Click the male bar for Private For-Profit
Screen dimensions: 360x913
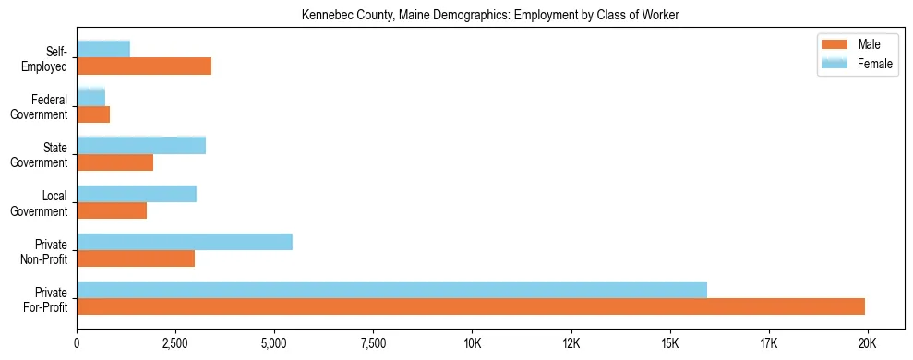point(471,306)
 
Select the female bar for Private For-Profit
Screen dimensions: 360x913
point(391,290)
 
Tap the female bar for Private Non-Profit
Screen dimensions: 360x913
point(185,242)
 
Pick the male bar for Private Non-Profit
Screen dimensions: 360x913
point(136,258)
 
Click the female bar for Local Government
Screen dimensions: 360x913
point(137,194)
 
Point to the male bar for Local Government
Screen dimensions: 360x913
point(112,210)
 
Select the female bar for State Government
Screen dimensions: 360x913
point(141,146)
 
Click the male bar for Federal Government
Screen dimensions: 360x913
point(93,114)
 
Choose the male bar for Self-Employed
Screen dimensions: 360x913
point(144,66)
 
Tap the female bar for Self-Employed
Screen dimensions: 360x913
point(103,49)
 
